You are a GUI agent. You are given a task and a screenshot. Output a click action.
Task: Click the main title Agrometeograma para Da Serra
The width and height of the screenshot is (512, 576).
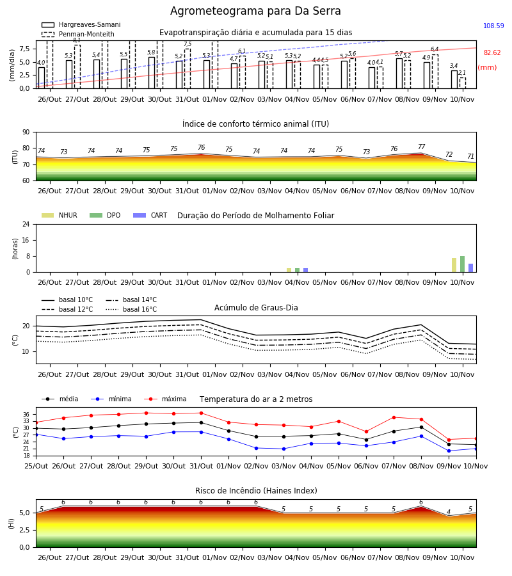(255, 11)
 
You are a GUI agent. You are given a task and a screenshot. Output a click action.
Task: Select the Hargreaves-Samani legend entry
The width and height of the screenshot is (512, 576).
(81, 24)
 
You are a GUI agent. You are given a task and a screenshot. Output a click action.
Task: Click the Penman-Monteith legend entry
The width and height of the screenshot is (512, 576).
(78, 34)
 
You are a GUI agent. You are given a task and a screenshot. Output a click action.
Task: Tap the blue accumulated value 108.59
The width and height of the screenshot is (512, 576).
(493, 26)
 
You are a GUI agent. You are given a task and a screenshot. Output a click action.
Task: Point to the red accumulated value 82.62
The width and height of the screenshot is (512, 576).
(492, 52)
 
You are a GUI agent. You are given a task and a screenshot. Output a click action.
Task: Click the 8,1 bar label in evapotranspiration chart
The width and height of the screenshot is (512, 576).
(77, 40)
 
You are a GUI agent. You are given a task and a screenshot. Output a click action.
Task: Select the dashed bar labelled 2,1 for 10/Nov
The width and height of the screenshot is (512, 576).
(463, 83)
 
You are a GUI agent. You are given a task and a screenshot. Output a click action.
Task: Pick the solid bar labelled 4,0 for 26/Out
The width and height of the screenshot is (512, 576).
(42, 78)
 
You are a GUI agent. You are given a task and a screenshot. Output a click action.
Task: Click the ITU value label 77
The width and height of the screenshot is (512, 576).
(421, 147)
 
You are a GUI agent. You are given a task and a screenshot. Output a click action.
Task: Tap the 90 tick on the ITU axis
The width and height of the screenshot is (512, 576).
(26, 132)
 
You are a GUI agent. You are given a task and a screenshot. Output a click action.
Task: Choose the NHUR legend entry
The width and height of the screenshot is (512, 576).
(60, 215)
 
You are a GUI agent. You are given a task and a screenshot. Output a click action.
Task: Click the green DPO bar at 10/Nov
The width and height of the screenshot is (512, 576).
(463, 264)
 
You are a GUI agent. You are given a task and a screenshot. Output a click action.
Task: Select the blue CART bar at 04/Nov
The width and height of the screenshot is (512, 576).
(305, 270)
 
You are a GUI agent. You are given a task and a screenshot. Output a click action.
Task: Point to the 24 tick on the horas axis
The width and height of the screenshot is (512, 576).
(26, 224)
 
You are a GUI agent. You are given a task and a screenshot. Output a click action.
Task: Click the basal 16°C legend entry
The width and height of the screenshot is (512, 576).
(131, 309)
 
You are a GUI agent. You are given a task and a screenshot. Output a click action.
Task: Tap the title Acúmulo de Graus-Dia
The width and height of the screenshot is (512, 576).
(256, 307)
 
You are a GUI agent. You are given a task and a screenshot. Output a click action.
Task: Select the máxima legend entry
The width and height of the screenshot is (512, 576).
(165, 399)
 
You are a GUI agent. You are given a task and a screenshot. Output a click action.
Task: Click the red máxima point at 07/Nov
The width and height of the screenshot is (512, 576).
(394, 417)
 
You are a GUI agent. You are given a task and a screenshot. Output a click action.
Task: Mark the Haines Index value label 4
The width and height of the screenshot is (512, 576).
(449, 512)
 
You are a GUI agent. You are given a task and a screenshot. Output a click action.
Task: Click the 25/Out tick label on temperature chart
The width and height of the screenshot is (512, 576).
(36, 466)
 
